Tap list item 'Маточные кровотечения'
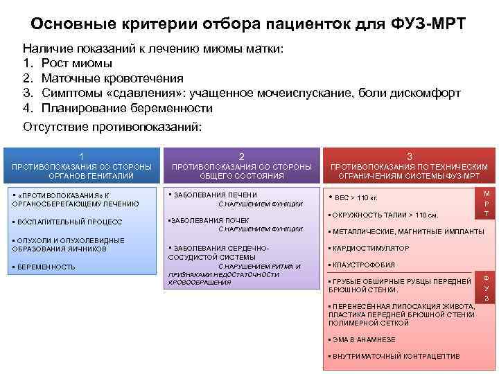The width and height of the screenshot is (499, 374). (x=112, y=78)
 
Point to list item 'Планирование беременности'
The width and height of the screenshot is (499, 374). (x=127, y=108)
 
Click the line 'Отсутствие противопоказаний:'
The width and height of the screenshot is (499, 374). (x=112, y=127)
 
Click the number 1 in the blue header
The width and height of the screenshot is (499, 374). (x=82, y=156)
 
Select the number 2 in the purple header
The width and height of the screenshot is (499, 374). (x=241, y=156)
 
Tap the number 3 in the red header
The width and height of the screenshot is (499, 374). (x=410, y=156)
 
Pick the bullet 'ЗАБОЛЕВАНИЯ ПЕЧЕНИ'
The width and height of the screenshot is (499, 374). (x=215, y=195)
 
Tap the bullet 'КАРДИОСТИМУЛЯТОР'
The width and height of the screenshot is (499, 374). (x=371, y=248)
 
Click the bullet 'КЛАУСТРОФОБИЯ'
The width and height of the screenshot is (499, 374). (x=365, y=265)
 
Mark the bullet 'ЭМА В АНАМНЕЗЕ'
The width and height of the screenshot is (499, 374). (x=364, y=339)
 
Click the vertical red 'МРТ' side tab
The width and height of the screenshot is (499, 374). (x=487, y=204)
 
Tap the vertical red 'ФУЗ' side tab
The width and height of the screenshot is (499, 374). (x=487, y=287)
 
